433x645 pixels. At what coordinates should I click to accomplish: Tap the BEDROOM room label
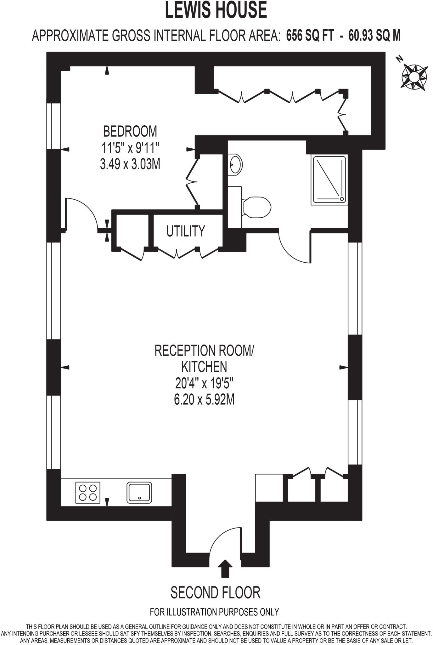(x=130, y=131)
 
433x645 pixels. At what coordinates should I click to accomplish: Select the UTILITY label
(x=186, y=231)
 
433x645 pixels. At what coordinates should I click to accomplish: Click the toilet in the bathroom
(x=256, y=207)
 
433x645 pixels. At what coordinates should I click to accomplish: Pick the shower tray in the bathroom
(x=329, y=180)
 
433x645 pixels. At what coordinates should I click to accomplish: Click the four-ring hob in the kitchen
(x=88, y=492)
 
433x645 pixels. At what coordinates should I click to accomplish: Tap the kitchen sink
(x=139, y=492)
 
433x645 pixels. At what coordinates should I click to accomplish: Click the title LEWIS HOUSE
(x=216, y=10)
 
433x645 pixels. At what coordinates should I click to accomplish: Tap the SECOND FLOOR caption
(x=216, y=592)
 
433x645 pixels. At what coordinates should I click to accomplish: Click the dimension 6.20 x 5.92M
(x=204, y=400)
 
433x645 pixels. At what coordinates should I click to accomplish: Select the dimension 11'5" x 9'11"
(x=130, y=148)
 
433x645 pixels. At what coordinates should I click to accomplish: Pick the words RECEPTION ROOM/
(x=204, y=351)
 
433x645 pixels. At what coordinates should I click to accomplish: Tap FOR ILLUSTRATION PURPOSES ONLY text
(x=214, y=612)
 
